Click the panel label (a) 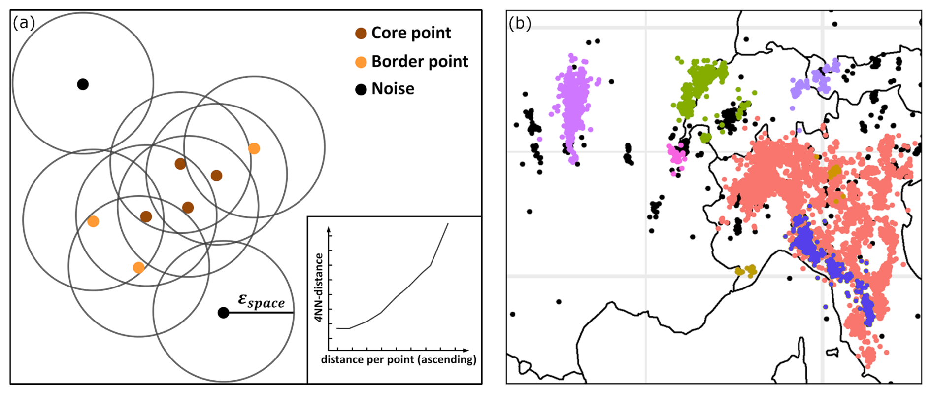click(24, 23)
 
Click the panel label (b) click(520, 23)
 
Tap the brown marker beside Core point click(361, 34)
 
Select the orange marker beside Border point click(361, 62)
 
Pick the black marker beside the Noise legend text click(361, 89)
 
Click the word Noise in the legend click(393, 89)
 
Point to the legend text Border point click(420, 61)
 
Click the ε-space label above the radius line click(261, 300)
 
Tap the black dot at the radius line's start click(223, 313)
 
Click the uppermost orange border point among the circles click(254, 148)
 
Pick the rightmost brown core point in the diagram click(216, 176)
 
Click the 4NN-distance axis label click(319, 287)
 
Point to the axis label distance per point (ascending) click(399, 359)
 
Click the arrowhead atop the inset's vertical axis click(329, 229)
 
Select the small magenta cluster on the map click(676, 154)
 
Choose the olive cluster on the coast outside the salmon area click(746, 271)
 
